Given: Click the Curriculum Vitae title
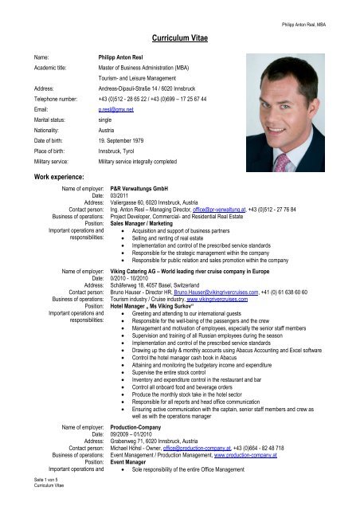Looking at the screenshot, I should (x=179, y=37).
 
